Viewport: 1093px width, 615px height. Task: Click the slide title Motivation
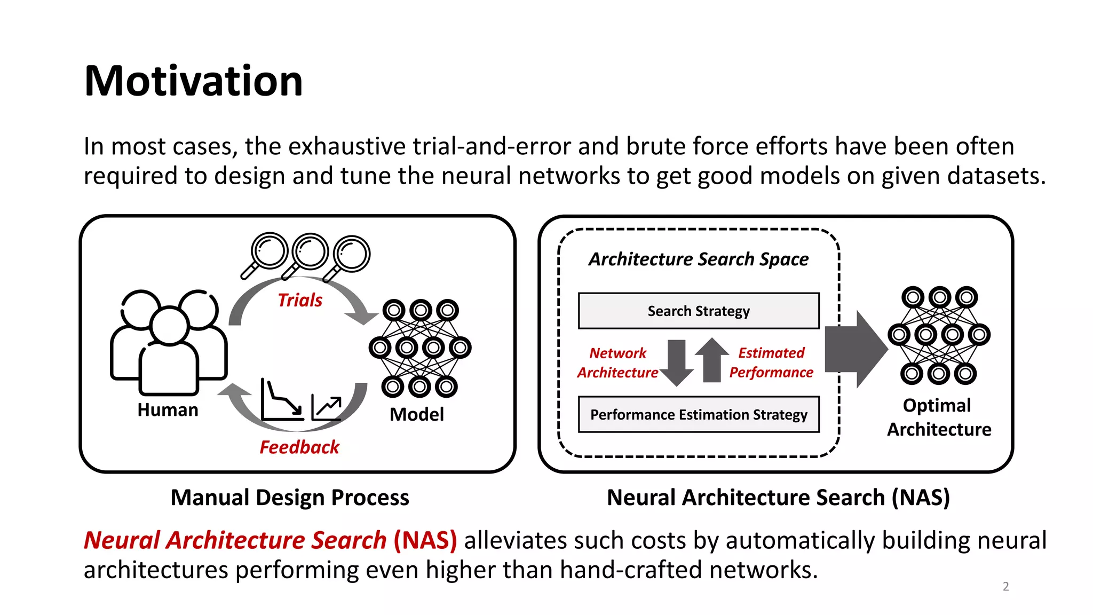pos(193,81)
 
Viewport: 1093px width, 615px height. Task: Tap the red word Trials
pos(300,300)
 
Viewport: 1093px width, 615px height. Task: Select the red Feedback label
pos(299,447)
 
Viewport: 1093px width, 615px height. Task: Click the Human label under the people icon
pos(168,409)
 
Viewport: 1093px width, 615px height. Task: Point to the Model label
pos(416,414)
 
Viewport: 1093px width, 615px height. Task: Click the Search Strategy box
pos(699,311)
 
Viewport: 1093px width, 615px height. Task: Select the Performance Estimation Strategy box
pos(699,414)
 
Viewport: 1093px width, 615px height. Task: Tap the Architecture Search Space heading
pos(698,259)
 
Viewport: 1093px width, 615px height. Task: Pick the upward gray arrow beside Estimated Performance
pos(712,360)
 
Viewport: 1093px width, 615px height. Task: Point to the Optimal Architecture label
pos(939,417)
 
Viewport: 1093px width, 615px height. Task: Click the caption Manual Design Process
pos(290,497)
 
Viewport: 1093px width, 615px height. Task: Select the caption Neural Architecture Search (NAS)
pos(778,497)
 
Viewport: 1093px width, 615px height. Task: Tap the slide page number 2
pos(1005,586)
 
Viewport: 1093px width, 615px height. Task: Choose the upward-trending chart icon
pos(327,408)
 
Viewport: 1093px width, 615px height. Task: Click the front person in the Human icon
pos(169,352)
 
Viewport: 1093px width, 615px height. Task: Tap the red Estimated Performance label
pos(771,362)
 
